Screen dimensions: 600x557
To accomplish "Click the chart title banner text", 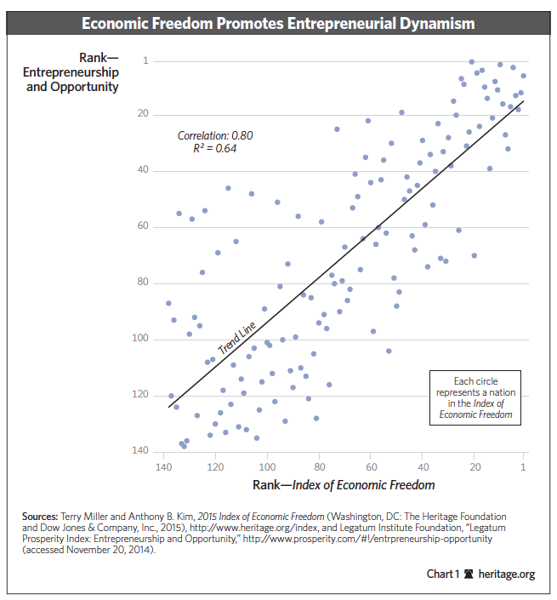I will tap(278, 24).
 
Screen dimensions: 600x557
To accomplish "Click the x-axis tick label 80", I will tap(320, 467).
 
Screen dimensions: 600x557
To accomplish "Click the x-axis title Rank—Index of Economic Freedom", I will tap(344, 485).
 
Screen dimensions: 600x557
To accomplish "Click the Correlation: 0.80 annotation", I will tap(215, 135).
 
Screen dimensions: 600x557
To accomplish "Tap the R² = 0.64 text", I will tap(215, 148).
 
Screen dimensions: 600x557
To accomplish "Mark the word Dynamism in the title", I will tap(435, 24).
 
